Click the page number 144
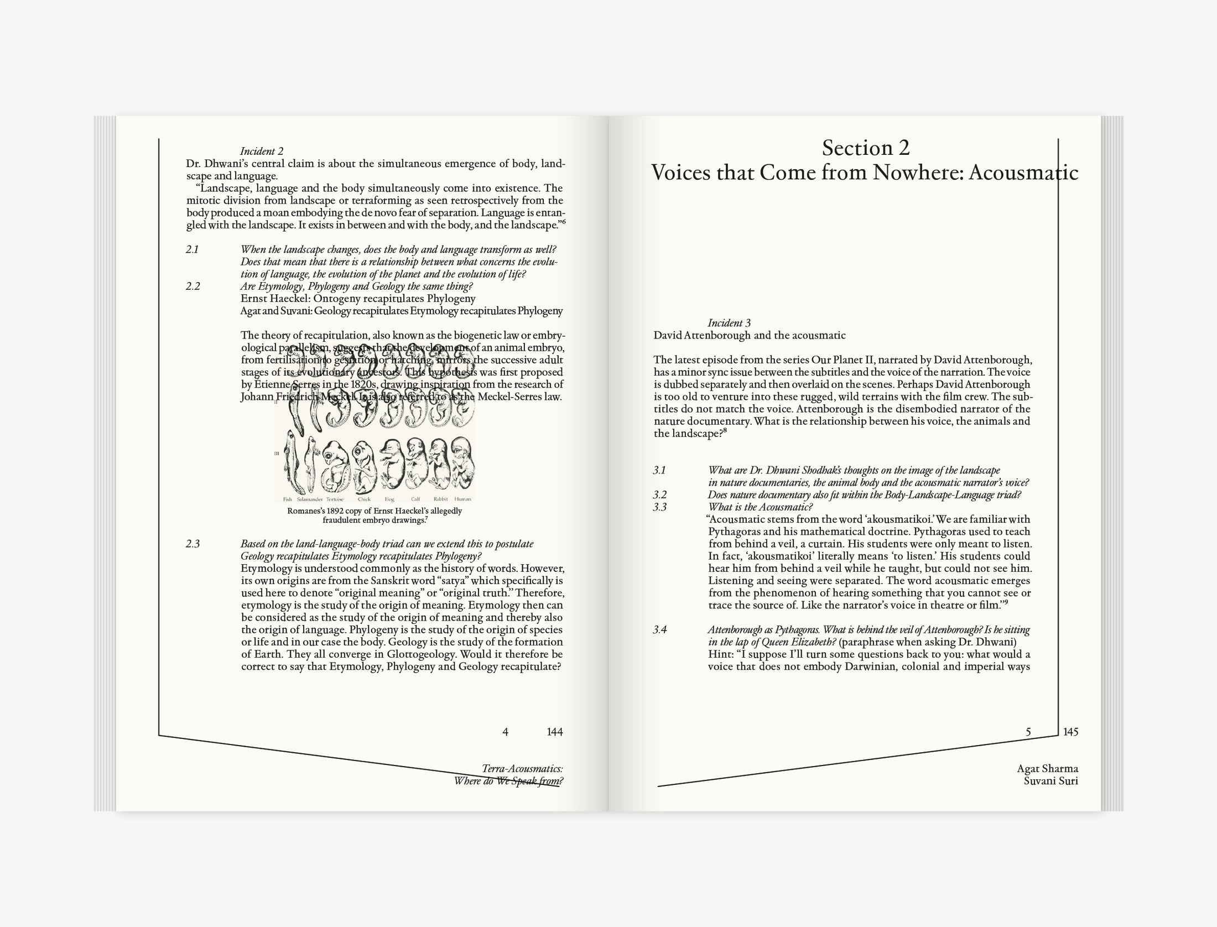(554, 732)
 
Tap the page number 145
(1070, 732)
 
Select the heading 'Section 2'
(866, 148)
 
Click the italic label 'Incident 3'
(729, 323)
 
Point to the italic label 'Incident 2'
(262, 151)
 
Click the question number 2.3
(193, 544)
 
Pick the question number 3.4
(659, 629)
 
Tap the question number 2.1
(192, 249)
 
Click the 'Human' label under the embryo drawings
(462, 499)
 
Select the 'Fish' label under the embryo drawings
(288, 499)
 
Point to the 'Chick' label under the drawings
(364, 499)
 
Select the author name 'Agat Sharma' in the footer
(1047, 769)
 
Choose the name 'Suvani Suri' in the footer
(1050, 781)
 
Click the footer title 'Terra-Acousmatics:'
(522, 769)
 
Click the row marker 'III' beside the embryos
(277, 454)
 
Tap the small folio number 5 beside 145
(1028, 732)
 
